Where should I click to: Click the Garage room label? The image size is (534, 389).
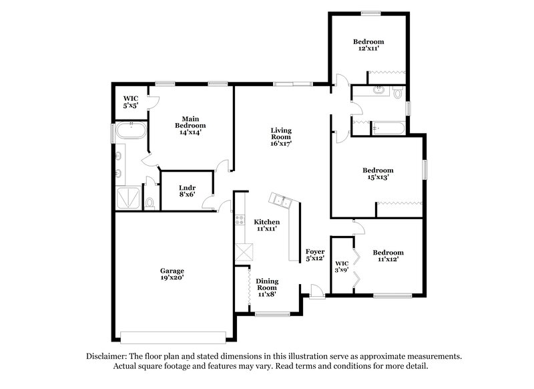(172, 273)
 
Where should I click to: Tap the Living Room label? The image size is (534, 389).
(281, 136)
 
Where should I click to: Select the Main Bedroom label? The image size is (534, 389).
(190, 125)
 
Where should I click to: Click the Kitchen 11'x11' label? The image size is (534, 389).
(266, 225)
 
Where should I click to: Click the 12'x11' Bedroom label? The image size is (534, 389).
(368, 45)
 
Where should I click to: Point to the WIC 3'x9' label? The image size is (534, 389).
(342, 267)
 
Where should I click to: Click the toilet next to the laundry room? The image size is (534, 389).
(150, 203)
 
